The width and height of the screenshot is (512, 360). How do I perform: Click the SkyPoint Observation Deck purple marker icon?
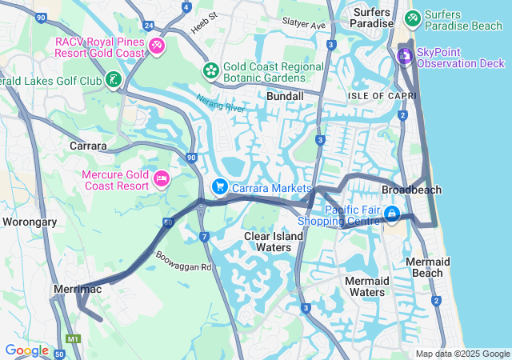point(405,55)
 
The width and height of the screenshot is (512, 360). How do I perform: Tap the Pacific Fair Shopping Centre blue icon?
point(392,214)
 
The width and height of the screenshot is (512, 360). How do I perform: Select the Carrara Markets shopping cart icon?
point(219,186)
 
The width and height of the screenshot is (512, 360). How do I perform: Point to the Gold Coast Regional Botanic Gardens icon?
point(210,70)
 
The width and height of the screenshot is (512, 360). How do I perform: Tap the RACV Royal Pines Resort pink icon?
point(157,46)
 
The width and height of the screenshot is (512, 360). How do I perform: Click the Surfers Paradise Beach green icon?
point(413,17)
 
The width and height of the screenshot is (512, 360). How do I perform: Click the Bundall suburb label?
point(285,96)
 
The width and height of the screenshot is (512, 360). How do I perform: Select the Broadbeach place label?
point(411,190)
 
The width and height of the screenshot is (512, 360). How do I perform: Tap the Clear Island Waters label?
point(274,242)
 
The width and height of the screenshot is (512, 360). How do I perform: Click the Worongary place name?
point(30,222)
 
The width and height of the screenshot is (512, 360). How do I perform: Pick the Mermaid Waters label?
point(367,286)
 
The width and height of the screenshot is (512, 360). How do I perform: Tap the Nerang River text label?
point(220,102)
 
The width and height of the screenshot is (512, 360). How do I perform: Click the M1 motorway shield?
point(75,339)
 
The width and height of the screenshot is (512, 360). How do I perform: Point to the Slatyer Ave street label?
point(303,26)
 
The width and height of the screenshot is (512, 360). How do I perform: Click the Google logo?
point(26,350)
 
